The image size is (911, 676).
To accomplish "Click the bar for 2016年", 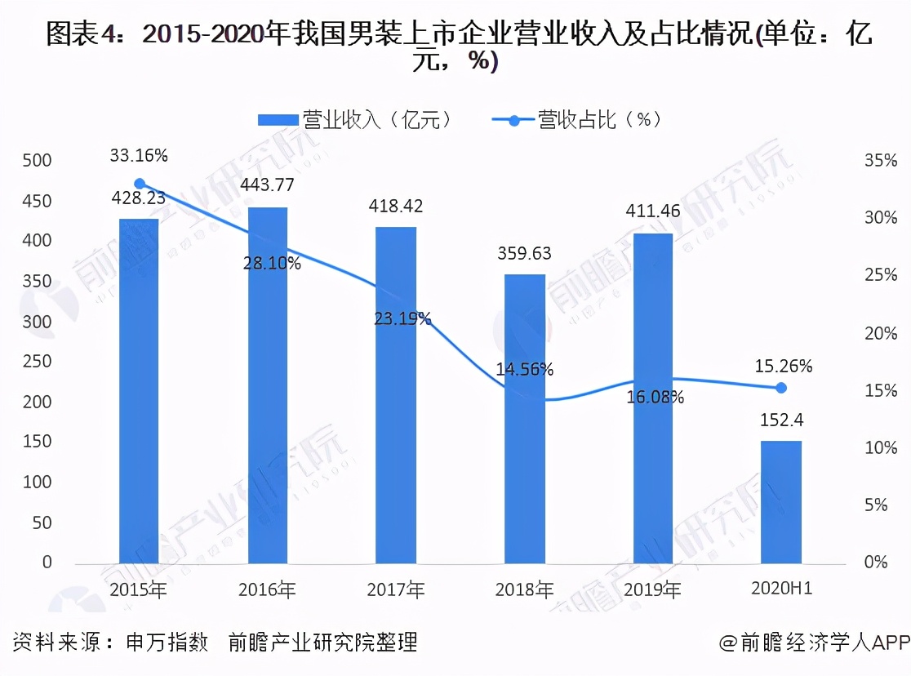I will (267, 385).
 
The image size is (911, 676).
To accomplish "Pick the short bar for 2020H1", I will (781, 501).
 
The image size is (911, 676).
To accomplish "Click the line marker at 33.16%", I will (140, 184).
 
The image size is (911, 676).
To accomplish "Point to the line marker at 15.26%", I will (780, 388).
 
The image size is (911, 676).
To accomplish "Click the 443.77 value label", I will (267, 185).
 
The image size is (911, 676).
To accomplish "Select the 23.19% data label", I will (402, 318).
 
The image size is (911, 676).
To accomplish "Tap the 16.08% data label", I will (655, 398).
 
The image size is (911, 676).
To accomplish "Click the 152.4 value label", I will (781, 420).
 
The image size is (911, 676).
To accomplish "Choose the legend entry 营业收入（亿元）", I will (354, 120).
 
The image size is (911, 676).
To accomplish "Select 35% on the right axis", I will (881, 160).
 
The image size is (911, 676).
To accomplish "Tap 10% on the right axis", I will (881, 447).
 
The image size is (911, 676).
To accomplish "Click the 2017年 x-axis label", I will (395, 589).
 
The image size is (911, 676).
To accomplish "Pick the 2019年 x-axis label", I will (652, 589).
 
